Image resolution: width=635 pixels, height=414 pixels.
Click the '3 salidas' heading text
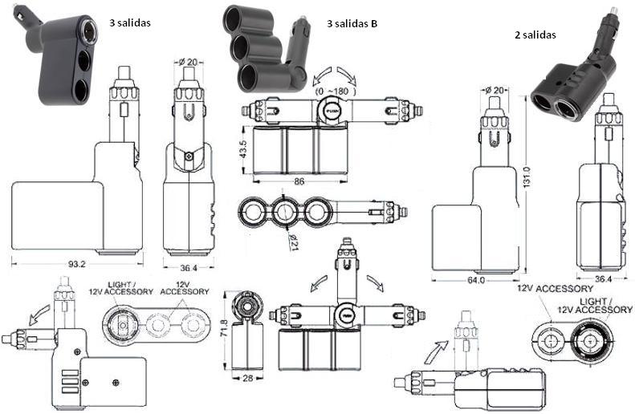coord(129,22)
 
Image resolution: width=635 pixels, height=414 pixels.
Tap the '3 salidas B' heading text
coord(352,23)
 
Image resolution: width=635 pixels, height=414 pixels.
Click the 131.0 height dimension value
coord(527,173)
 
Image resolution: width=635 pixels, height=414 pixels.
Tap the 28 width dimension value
coord(249,376)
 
